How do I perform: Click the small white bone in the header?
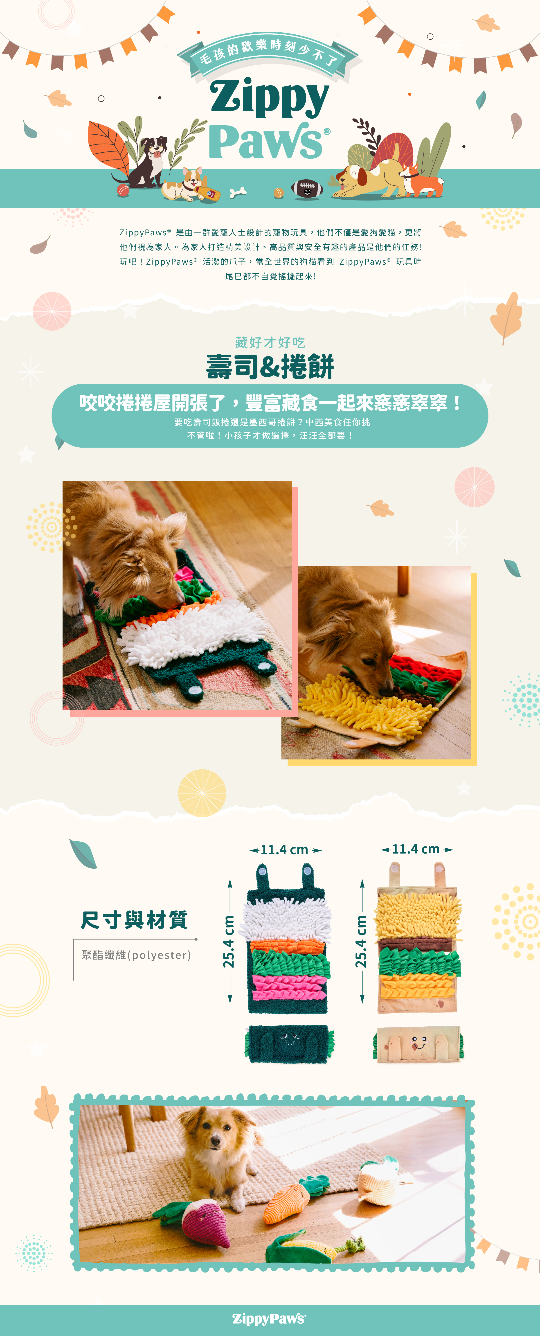tap(238, 192)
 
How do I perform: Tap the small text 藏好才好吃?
tap(270, 342)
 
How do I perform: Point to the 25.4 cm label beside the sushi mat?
tap(229, 941)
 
